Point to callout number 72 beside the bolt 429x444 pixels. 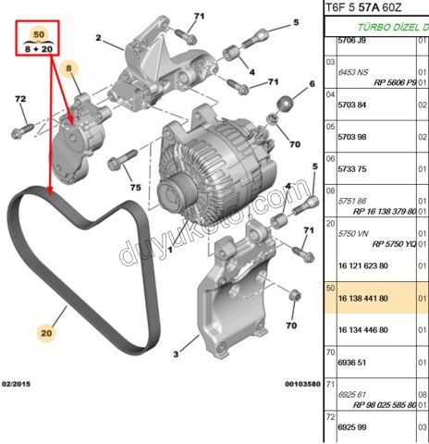pyautogui.click(x=20, y=99)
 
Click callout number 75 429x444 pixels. pyautogui.click(x=135, y=187)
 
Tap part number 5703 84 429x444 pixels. pyautogui.click(x=357, y=105)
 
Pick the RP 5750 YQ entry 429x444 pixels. pyautogui.click(x=394, y=243)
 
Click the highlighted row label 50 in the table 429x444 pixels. pyautogui.click(x=329, y=289)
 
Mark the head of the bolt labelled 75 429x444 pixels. pyautogui.click(x=114, y=164)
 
